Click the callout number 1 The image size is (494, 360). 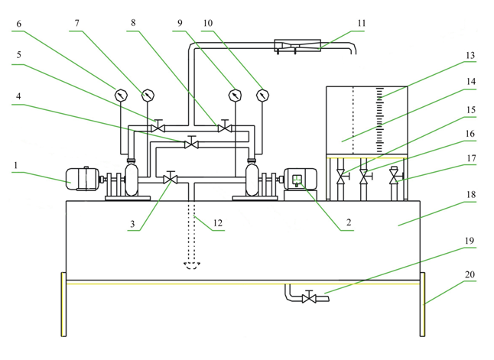pos(18,164)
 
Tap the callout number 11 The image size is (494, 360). pos(362,24)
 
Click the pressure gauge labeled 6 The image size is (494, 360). pos(120,96)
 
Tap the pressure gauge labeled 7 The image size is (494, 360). pos(147,96)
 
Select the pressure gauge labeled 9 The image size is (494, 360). pos(234,96)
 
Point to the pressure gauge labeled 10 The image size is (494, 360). pos(263,96)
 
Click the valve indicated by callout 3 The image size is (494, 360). pos(171,179)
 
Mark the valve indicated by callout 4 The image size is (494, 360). pos(192,143)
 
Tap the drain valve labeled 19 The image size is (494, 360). pos(309,297)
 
